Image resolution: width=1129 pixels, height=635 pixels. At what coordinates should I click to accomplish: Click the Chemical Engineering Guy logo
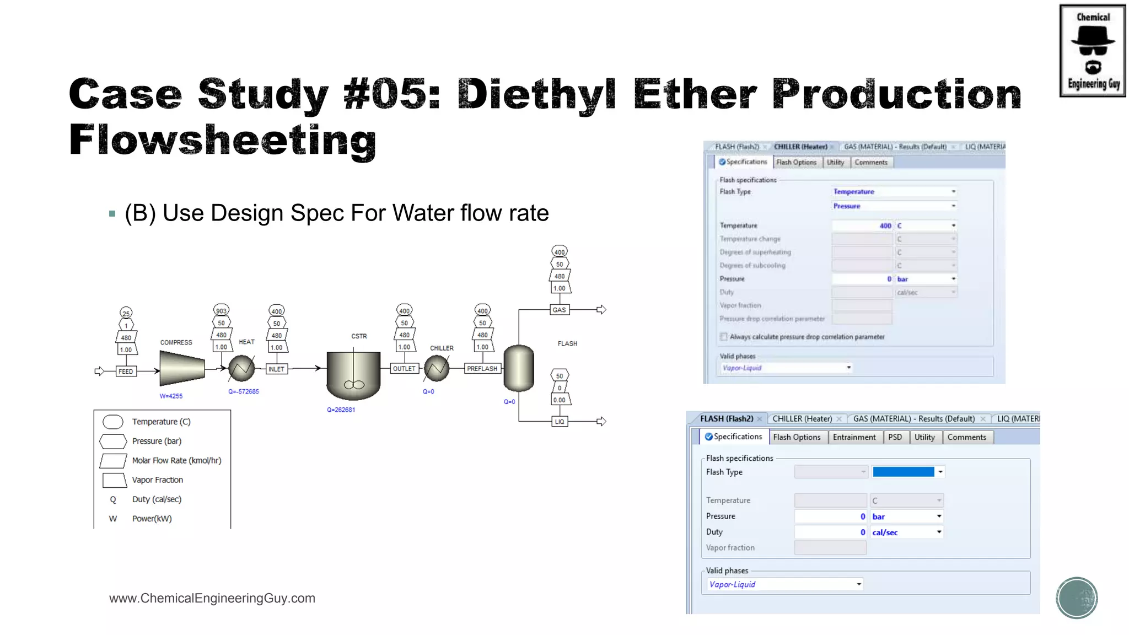pyautogui.click(x=1092, y=51)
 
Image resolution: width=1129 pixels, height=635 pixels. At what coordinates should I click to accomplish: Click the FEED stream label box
pyautogui.click(x=126, y=372)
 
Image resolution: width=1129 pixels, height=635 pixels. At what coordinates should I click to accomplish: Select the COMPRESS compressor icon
pyautogui.click(x=182, y=368)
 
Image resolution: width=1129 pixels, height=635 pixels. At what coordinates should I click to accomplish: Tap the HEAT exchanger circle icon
pyautogui.click(x=241, y=369)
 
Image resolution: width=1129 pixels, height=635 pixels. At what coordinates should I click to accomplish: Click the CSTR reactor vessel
pyautogui.click(x=353, y=375)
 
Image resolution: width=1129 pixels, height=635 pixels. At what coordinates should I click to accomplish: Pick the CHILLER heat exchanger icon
pyautogui.click(x=437, y=368)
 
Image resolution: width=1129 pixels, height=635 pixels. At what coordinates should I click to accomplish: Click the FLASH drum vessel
pyautogui.click(x=519, y=368)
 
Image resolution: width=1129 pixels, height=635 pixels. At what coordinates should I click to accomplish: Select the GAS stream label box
pyautogui.click(x=559, y=310)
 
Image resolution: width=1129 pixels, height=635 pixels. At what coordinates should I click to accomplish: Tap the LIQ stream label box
pyautogui.click(x=560, y=422)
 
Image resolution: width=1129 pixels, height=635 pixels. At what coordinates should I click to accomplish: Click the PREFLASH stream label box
pyautogui.click(x=482, y=369)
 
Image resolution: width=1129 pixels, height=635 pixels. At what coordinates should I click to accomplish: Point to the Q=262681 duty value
pyautogui.click(x=341, y=410)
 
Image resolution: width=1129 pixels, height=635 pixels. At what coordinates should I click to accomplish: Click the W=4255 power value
pyautogui.click(x=171, y=396)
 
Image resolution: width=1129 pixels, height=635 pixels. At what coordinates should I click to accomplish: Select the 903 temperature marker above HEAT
pyautogui.click(x=221, y=311)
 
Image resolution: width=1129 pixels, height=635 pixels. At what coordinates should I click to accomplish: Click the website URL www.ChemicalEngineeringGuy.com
pyautogui.click(x=212, y=599)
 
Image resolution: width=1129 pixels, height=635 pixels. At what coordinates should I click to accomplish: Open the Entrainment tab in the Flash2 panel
pyautogui.click(x=854, y=437)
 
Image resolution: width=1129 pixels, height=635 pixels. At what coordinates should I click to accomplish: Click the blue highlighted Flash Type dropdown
pyautogui.click(x=907, y=472)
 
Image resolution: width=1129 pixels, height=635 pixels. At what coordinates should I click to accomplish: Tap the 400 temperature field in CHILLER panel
pyautogui.click(x=863, y=225)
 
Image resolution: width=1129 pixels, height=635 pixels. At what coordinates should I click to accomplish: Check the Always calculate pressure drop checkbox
pyautogui.click(x=724, y=337)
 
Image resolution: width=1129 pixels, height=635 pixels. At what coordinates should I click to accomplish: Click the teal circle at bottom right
pyautogui.click(x=1077, y=598)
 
